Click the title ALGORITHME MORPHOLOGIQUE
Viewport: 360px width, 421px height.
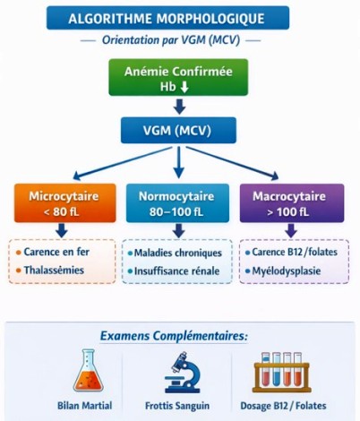tap(180, 17)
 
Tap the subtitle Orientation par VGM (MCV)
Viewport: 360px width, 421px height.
tap(180, 41)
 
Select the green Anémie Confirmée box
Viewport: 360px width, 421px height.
tap(181, 77)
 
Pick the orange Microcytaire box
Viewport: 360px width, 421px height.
tap(61, 202)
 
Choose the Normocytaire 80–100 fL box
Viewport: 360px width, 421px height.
tap(180, 202)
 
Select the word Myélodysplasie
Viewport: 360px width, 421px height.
tap(291, 270)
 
